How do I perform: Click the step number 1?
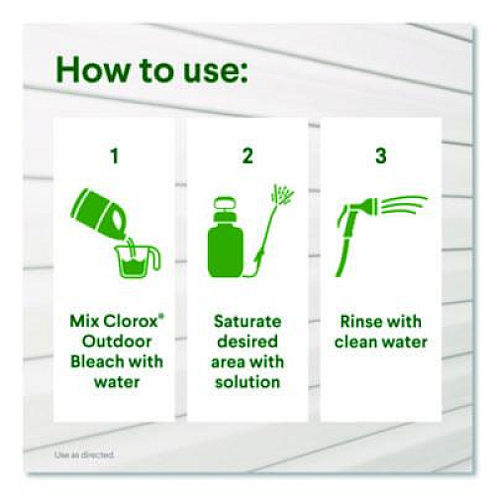click(115, 156)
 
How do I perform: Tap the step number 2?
click(247, 156)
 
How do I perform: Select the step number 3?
click(381, 156)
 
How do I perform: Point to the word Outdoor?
click(117, 342)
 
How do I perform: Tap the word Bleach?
click(93, 361)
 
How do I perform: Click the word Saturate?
click(247, 322)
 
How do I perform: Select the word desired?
click(247, 342)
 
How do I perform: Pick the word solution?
click(247, 382)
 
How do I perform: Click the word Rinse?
click(359, 322)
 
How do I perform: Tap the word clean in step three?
click(356, 342)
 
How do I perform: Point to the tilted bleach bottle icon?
click(99, 213)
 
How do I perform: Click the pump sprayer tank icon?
click(226, 237)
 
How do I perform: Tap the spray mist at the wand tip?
click(282, 195)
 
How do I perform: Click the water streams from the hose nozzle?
click(404, 205)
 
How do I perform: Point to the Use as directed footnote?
click(84, 455)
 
